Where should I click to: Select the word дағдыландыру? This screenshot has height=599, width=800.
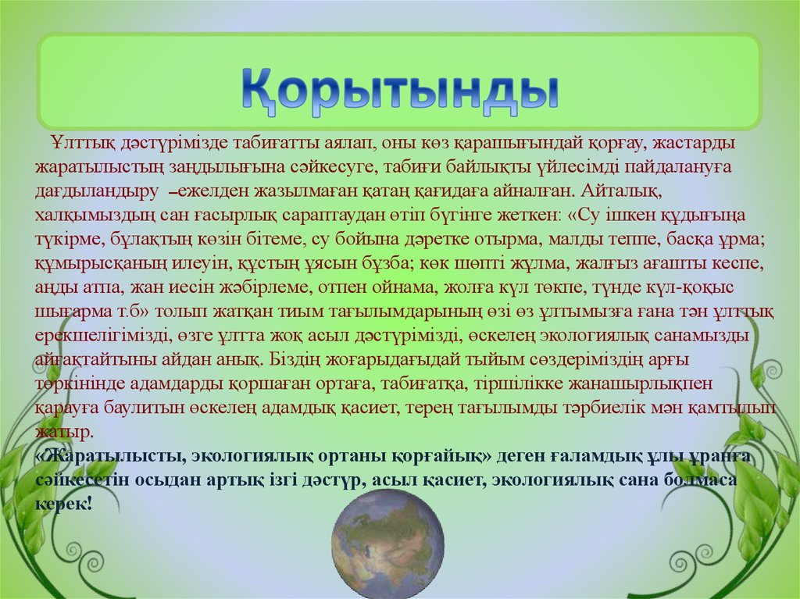[x=97, y=191]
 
